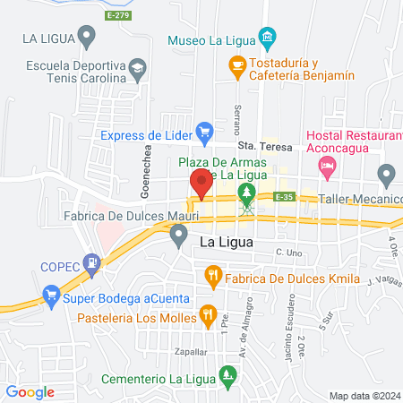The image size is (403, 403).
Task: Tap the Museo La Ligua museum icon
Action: point(267,38)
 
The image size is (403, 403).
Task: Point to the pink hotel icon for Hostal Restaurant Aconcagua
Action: point(327,165)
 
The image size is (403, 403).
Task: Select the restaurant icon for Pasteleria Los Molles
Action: point(208,313)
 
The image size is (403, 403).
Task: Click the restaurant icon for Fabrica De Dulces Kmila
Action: point(212,275)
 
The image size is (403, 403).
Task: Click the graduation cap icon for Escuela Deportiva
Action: point(137,67)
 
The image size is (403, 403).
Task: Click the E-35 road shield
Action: point(285,197)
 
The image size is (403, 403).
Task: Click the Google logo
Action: point(30,391)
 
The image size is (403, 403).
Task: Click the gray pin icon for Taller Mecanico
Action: point(386,174)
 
